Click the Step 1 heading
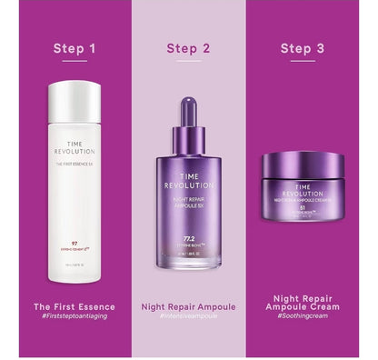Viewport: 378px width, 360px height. (x=75, y=47)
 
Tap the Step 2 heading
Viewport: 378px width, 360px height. (x=188, y=47)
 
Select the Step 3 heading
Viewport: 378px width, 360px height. (x=302, y=47)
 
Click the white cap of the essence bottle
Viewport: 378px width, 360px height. (x=75, y=102)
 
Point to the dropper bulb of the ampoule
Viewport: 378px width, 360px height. (x=188, y=110)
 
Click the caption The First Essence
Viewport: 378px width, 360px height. (x=75, y=306)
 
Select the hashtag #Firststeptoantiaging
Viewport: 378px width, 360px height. (x=75, y=317)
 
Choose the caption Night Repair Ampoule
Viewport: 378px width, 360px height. (x=188, y=306)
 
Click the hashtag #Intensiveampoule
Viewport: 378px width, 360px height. (x=188, y=317)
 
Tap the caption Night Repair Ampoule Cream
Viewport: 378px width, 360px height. (x=302, y=303)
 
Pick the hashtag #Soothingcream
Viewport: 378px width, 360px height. (x=302, y=319)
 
